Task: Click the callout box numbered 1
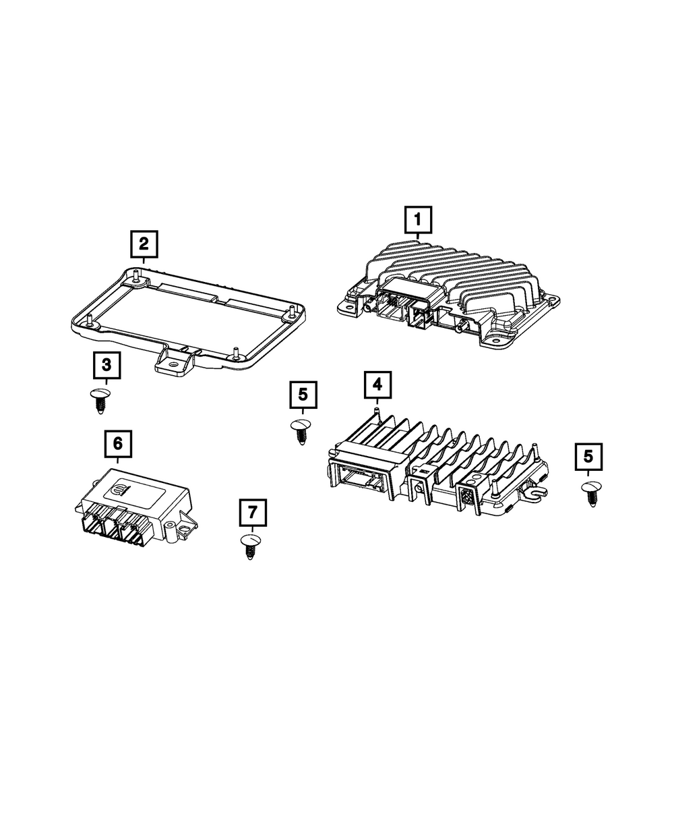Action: [x=418, y=220]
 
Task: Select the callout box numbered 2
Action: [x=144, y=244]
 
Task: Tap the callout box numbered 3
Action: [x=106, y=365]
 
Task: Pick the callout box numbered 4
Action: [x=377, y=385]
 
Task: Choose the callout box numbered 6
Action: [x=118, y=444]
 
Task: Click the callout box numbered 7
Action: [x=253, y=512]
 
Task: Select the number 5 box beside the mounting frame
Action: [x=303, y=395]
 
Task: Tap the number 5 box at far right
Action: [x=588, y=457]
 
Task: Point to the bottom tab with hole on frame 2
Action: [x=175, y=361]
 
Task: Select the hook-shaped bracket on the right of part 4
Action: [x=533, y=492]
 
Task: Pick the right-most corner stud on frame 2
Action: [x=293, y=311]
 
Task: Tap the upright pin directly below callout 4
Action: [x=377, y=413]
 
